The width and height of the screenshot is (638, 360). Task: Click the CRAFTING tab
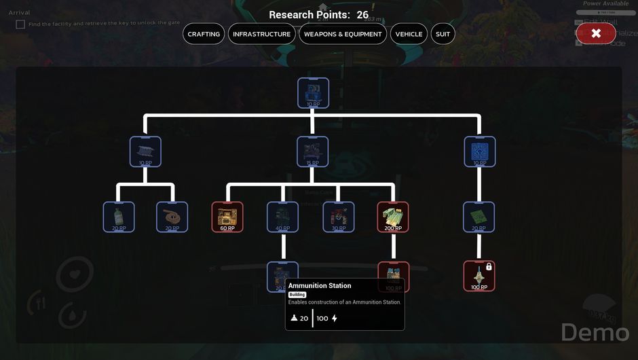coord(204,34)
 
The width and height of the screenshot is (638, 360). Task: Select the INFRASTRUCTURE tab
coord(261,34)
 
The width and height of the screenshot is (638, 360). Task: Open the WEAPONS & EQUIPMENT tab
coord(343,34)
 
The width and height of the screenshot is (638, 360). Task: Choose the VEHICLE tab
coord(409,34)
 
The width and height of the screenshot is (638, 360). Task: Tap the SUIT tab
coord(443,34)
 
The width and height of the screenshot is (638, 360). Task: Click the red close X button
coord(595,33)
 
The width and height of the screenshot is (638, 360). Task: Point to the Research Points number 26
coord(362,15)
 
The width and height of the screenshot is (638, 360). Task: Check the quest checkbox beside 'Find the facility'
coord(20,24)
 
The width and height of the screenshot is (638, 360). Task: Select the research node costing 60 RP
coord(227,217)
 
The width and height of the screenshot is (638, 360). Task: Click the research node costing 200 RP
coord(393,217)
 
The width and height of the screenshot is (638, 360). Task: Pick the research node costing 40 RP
coord(282,217)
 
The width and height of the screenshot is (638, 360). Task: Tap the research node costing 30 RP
coord(338,217)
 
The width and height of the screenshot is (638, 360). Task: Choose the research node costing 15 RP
coord(312,151)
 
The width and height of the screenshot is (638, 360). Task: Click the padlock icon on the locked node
coord(489,267)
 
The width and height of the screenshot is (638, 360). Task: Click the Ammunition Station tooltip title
coord(320,286)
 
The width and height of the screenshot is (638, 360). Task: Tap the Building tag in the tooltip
coord(297,295)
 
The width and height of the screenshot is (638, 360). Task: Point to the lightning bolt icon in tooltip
coord(334,319)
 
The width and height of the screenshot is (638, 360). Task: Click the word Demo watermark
coord(595,332)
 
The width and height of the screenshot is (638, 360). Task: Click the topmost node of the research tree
coord(313,93)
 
